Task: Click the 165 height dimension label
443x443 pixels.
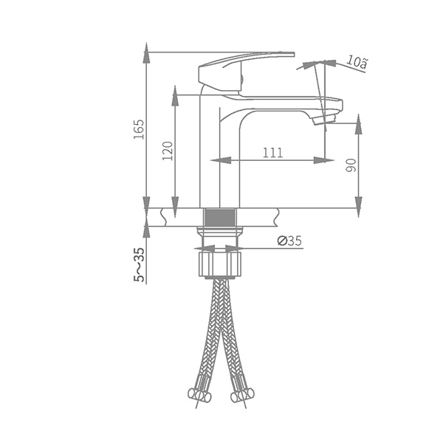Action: tap(139, 129)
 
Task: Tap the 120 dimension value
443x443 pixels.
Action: tap(168, 151)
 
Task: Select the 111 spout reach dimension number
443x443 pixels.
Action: tap(272, 153)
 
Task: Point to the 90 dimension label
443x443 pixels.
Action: tap(351, 165)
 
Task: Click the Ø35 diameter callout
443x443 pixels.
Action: tap(289, 241)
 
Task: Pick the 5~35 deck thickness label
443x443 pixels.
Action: tap(139, 265)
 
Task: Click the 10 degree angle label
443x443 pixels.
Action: tap(357, 62)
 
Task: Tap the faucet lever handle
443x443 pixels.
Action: tap(243, 70)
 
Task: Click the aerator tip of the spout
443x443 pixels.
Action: tap(325, 118)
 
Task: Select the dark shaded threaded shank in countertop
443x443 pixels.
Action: tap(220, 218)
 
